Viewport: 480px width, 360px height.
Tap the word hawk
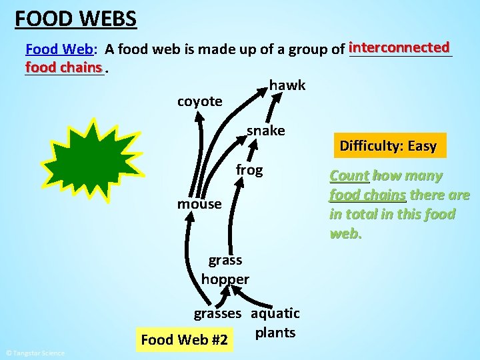pos(287,85)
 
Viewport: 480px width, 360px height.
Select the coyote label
pos(199,101)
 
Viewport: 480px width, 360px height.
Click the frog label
pos(249,170)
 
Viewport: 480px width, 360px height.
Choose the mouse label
pos(199,204)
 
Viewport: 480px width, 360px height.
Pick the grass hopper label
pos(225,269)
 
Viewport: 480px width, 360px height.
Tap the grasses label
pos(217,313)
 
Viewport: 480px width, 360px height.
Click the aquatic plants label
pos(275,323)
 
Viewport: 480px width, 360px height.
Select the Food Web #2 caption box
pos(185,340)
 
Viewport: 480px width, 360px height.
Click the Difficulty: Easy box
pos(388,146)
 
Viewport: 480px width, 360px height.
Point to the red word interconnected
pos(399,48)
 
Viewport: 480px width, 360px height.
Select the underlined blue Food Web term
pos(59,49)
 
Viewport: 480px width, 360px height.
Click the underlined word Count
pos(349,176)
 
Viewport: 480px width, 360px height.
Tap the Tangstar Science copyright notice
pos(35,353)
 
